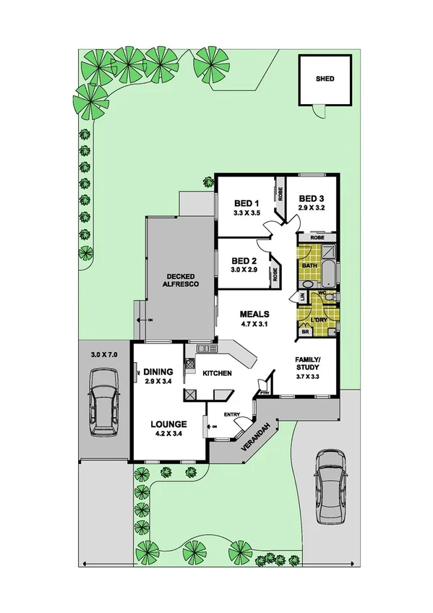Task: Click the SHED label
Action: click(325, 79)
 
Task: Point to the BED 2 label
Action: click(244, 260)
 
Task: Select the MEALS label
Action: click(254, 314)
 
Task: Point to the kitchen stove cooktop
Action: click(192, 395)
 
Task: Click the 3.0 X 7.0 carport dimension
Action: click(104, 355)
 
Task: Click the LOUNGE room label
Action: click(168, 424)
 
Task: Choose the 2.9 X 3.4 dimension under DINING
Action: click(158, 381)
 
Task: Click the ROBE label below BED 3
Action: click(317, 237)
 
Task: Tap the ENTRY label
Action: click(231, 414)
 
